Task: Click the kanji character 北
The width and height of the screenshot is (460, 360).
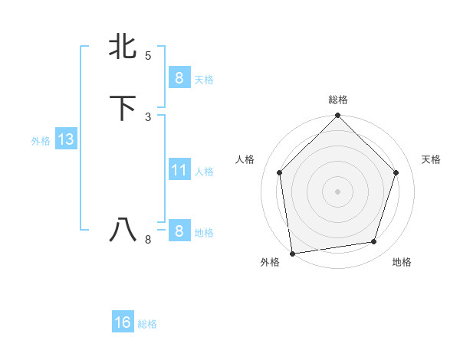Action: tap(123, 46)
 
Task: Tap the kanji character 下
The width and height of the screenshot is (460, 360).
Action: tap(123, 107)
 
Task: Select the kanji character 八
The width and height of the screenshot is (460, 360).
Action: tap(123, 229)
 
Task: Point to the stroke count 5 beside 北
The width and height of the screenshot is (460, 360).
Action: tap(148, 56)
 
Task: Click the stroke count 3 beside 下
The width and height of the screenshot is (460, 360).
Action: tap(148, 116)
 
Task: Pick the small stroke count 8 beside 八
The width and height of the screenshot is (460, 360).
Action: tap(148, 240)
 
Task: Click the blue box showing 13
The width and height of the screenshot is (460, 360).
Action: tap(65, 139)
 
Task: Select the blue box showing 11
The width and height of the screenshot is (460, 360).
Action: tap(179, 170)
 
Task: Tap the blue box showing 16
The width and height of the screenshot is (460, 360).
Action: tap(123, 322)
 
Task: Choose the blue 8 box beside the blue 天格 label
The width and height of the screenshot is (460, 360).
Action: tap(179, 77)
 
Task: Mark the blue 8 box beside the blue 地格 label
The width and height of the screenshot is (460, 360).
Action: tap(179, 231)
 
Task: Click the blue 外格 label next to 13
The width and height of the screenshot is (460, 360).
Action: tap(41, 141)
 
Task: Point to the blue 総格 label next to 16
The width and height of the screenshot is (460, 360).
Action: tap(147, 324)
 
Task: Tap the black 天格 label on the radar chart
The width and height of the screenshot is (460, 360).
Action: tap(432, 159)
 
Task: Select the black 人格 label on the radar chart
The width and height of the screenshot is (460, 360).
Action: tap(245, 159)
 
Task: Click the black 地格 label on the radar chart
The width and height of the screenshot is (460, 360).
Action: tap(402, 263)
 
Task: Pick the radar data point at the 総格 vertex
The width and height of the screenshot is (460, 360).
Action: tap(337, 116)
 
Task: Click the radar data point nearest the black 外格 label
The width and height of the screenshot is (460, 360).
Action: tap(292, 253)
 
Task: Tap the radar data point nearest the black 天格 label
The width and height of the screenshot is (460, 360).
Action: tap(396, 172)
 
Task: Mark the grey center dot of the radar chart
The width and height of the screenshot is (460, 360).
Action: tap(337, 191)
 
